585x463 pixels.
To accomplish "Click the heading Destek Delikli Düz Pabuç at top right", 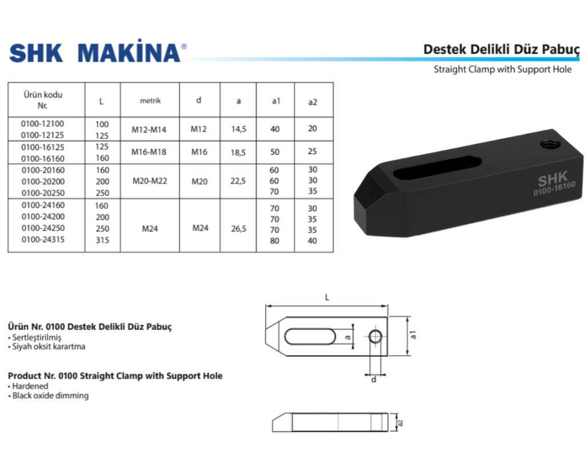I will [x=501, y=50].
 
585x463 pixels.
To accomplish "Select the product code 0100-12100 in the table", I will [x=43, y=124].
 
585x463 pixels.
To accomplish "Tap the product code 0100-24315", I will [x=43, y=240].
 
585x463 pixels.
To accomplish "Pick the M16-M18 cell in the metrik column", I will [x=149, y=152].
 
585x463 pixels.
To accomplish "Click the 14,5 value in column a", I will [x=238, y=130].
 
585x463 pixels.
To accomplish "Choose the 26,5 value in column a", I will [x=238, y=228].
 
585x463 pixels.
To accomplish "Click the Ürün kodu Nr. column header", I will [x=43, y=100].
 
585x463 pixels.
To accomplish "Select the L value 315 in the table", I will [x=102, y=240].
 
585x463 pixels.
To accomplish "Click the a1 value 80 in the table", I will [x=275, y=240].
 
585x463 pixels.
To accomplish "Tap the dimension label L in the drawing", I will [x=327, y=297].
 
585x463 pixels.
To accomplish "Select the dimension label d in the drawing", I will [x=374, y=380].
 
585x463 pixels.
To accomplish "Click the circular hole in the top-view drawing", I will [x=375, y=337].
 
